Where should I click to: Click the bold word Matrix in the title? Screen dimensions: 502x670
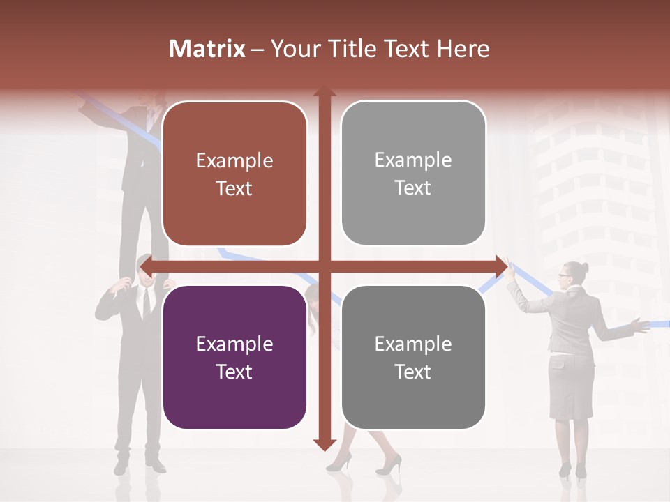pyautogui.click(x=207, y=49)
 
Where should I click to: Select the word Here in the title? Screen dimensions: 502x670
pyautogui.click(x=463, y=49)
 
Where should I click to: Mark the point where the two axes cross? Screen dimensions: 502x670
pyautogui.click(x=324, y=266)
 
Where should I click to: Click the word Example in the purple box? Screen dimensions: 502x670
pyautogui.click(x=234, y=344)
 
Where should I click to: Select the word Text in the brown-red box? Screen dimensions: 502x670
pyautogui.click(x=234, y=188)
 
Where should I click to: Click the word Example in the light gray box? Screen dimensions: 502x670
pyautogui.click(x=413, y=160)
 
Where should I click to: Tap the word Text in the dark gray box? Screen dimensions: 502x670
pyautogui.click(x=413, y=372)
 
